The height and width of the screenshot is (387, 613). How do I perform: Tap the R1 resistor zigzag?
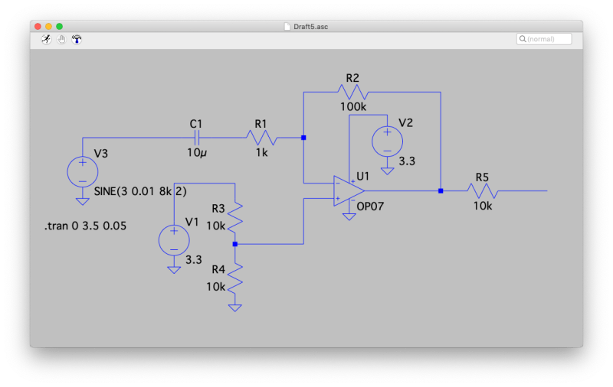(x=261, y=138)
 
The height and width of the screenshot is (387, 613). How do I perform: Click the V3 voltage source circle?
(x=82, y=171)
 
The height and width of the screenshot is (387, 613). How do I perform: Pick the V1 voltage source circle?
(x=174, y=239)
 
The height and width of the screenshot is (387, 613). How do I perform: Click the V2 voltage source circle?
(x=387, y=141)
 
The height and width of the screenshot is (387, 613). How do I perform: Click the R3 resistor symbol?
(x=235, y=217)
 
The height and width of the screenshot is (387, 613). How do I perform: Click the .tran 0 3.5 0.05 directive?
(x=85, y=226)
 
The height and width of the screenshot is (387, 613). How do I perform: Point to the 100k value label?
(x=353, y=107)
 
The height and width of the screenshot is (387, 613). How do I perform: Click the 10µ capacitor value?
(x=197, y=153)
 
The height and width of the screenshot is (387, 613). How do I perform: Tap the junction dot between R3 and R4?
(x=235, y=244)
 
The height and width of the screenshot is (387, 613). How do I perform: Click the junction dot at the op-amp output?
(x=441, y=191)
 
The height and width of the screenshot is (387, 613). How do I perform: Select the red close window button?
(x=38, y=26)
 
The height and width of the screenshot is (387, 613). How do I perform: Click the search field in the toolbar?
(x=545, y=39)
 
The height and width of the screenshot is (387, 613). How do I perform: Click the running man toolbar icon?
(x=46, y=39)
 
